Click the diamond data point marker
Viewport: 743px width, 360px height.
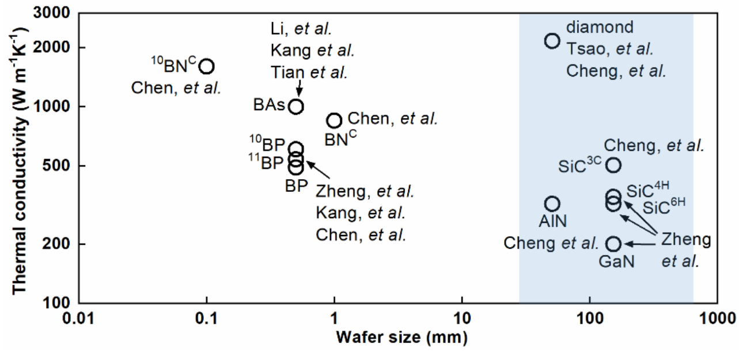click(552, 40)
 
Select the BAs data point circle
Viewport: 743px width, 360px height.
click(295, 106)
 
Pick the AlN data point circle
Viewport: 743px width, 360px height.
click(552, 203)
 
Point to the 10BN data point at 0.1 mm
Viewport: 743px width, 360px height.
click(206, 66)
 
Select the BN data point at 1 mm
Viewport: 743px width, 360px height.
click(334, 120)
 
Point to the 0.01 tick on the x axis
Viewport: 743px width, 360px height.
click(78, 318)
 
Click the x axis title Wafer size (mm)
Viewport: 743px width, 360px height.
click(399, 338)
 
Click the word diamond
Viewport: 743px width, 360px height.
click(593, 26)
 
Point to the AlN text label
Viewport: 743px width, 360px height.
click(552, 221)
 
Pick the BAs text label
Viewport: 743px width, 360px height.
click(267, 106)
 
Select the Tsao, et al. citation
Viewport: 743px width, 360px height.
click(610, 49)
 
